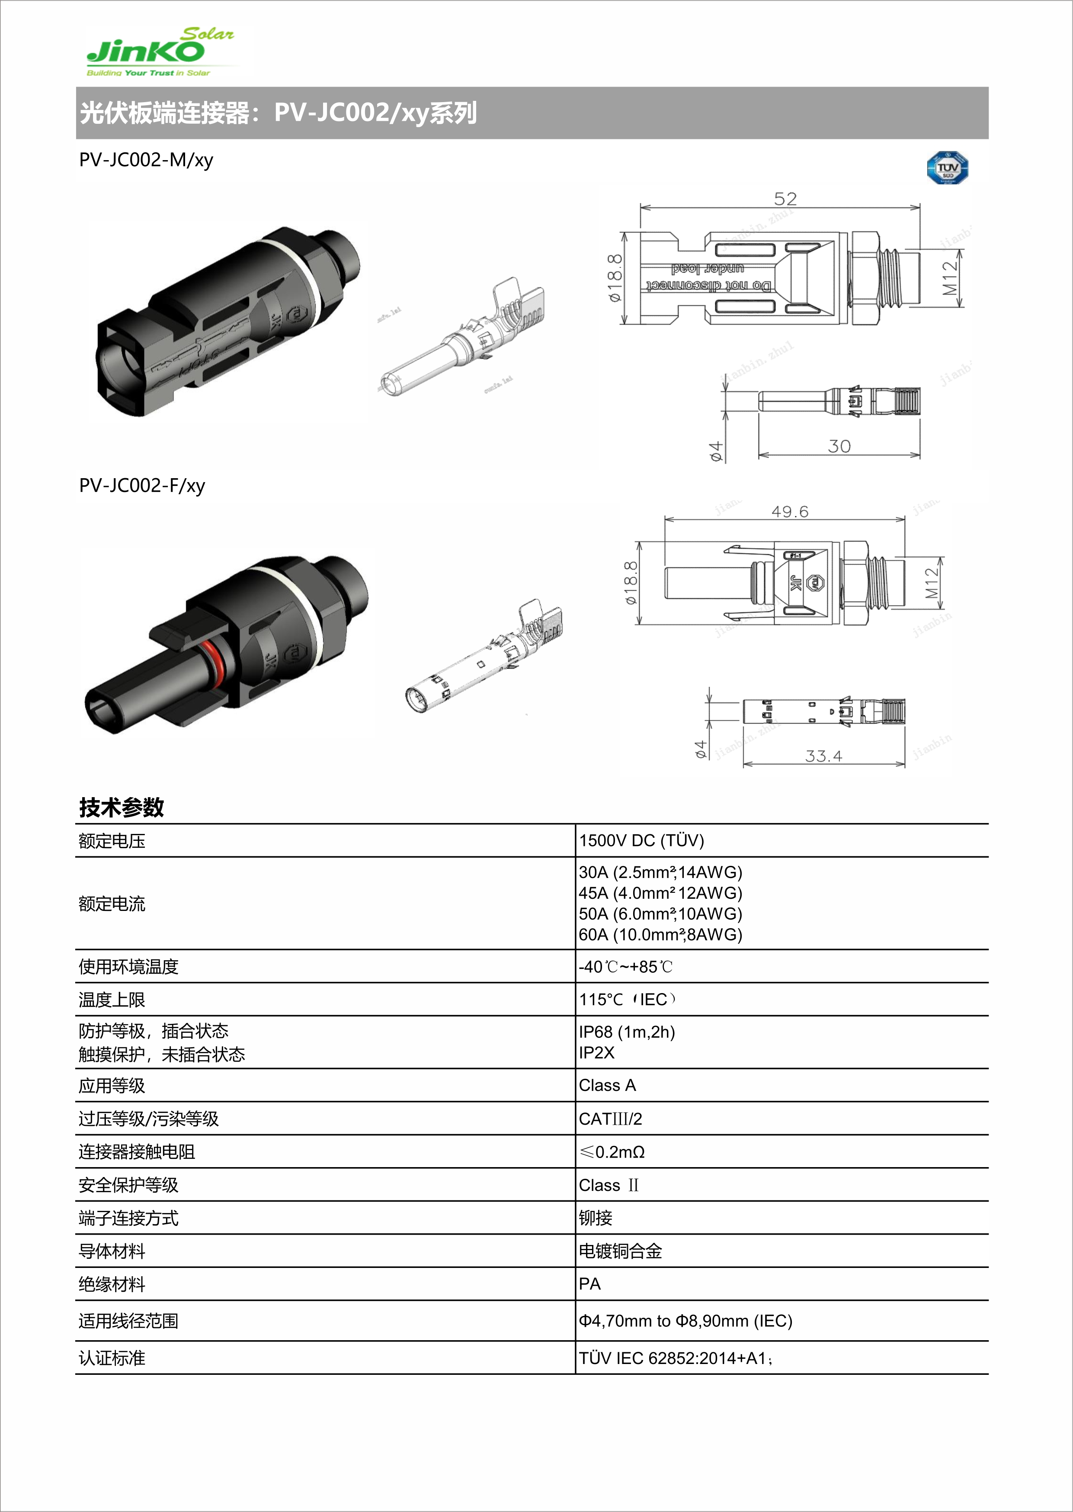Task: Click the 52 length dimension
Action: click(x=785, y=198)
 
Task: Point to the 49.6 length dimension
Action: click(x=790, y=511)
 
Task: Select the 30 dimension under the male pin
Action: click(x=839, y=446)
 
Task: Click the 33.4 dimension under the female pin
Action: click(x=823, y=756)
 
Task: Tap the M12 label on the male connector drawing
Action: click(x=949, y=278)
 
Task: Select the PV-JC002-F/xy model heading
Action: click(x=142, y=486)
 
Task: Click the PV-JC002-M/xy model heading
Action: click(x=146, y=160)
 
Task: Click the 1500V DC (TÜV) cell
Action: click(x=641, y=840)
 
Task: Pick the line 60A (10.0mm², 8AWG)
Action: click(x=660, y=934)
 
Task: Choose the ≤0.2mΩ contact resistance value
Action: click(x=612, y=1152)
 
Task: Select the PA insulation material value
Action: click(x=589, y=1284)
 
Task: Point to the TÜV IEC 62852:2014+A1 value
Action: click(x=674, y=1358)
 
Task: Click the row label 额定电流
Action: click(x=112, y=904)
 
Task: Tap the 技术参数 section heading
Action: click(x=122, y=807)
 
